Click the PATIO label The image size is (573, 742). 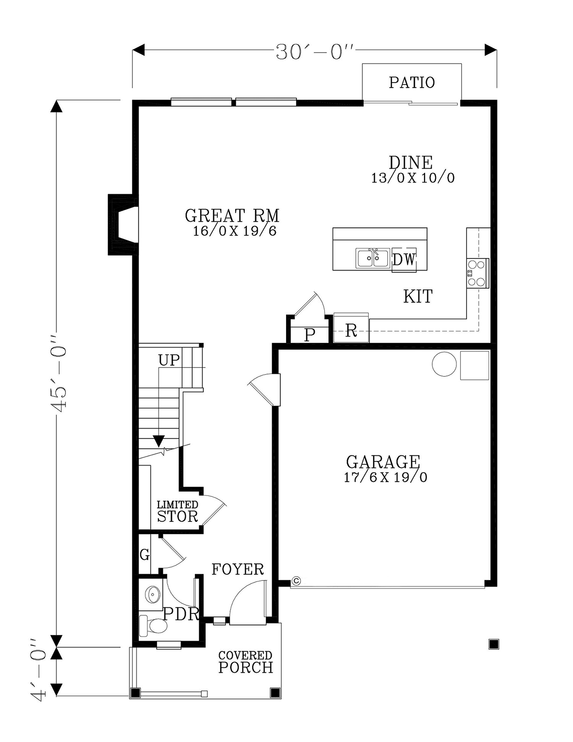412,83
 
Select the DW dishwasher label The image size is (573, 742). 404,260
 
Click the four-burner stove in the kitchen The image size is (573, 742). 477,273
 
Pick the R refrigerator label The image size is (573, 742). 351,331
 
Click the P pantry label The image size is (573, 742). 310,335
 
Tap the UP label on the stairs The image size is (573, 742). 169,360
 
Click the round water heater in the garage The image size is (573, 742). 444,365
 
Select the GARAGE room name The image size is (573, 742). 383,462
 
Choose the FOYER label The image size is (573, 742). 238,570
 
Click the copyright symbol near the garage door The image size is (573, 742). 296,581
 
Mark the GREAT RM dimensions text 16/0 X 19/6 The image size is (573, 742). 234,232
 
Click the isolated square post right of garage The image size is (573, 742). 494,645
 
